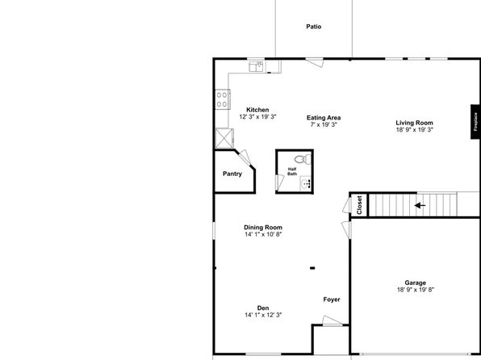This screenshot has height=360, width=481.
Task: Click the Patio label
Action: [313, 27]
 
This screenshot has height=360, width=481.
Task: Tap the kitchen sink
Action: [256, 66]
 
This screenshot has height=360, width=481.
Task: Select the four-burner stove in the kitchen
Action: [223, 99]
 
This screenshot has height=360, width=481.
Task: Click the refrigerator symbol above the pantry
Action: [224, 138]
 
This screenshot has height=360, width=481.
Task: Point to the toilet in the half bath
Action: [303, 159]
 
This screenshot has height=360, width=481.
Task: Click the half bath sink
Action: [306, 183]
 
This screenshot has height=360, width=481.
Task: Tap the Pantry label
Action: [232, 174]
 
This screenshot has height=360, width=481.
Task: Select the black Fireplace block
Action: [475, 122]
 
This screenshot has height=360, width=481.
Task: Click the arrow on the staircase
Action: [420, 205]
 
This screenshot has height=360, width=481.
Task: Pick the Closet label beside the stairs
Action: [359, 205]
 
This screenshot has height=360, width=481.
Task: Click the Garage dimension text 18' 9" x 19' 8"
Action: [416, 290]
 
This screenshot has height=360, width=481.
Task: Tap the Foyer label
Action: [332, 299]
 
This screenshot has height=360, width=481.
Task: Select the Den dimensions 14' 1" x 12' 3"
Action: [263, 315]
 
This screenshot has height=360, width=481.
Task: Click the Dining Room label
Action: [263, 228]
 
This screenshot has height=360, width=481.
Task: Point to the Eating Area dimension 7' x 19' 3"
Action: [324, 124]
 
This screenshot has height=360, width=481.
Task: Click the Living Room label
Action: [415, 123]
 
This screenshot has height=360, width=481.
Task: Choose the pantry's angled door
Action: [245, 157]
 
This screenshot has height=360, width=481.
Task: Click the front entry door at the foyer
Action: [333, 320]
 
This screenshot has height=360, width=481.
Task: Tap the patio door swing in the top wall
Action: [315, 62]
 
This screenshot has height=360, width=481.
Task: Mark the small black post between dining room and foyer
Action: [312, 268]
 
